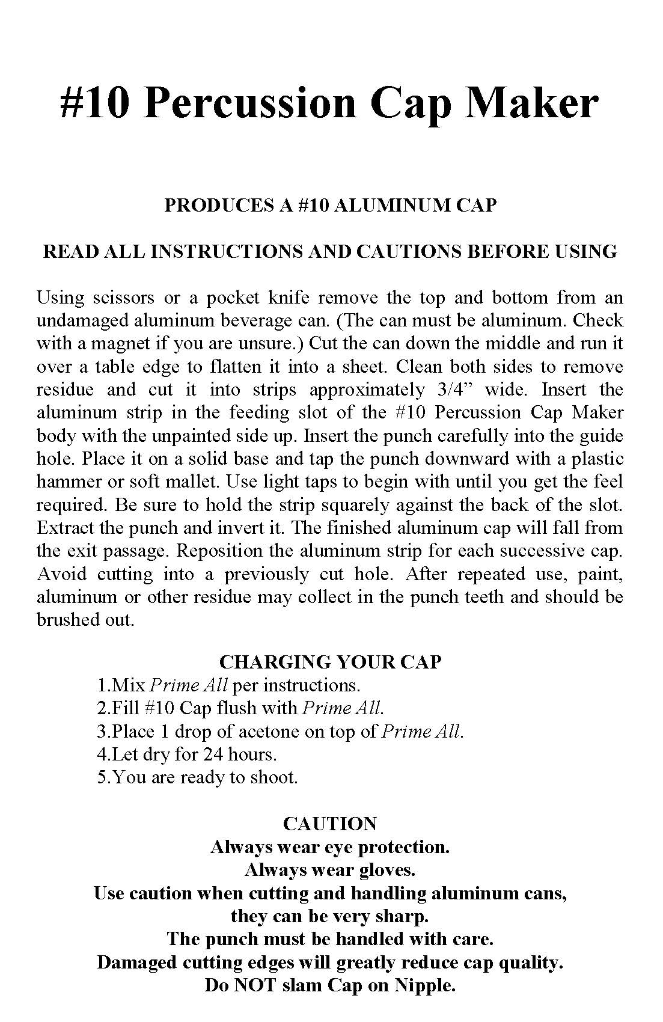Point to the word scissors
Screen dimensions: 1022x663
(123, 298)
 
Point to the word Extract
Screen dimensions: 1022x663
(65, 528)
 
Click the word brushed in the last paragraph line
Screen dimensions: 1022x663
(66, 620)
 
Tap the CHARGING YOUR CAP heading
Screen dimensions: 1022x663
(331, 662)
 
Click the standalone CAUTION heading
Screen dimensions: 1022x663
(330, 824)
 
